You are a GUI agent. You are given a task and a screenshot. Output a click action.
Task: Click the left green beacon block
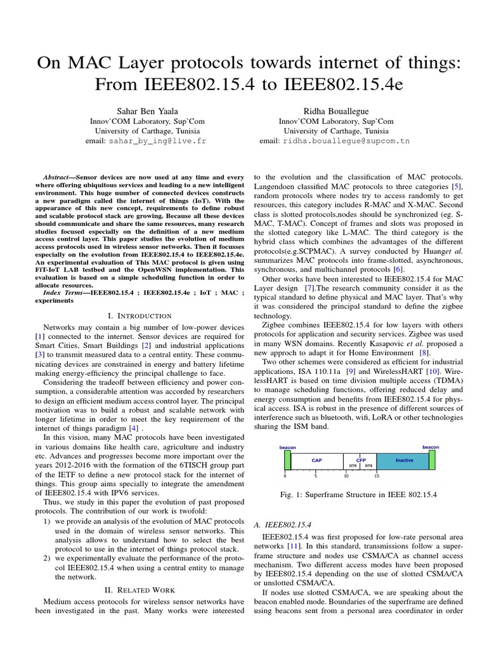tap(288, 460)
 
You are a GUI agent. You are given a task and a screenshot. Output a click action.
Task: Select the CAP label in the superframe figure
tap(317, 460)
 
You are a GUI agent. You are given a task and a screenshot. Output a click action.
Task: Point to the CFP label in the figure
tap(361, 458)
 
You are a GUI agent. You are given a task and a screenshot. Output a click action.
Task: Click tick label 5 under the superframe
tap(316, 475)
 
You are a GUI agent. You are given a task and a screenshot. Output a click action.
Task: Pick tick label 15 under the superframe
tap(377, 475)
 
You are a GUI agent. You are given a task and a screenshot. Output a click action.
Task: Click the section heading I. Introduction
tap(140, 315)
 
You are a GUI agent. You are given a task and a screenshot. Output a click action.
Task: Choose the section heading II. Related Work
tap(140, 590)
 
